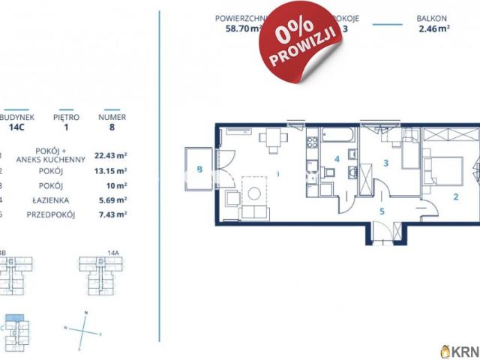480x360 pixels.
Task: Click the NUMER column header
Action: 112,117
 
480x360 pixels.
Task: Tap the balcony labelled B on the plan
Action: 199,169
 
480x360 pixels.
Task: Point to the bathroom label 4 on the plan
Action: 337,159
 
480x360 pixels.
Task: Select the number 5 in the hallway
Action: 382,211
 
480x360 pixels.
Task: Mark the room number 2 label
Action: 454,198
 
